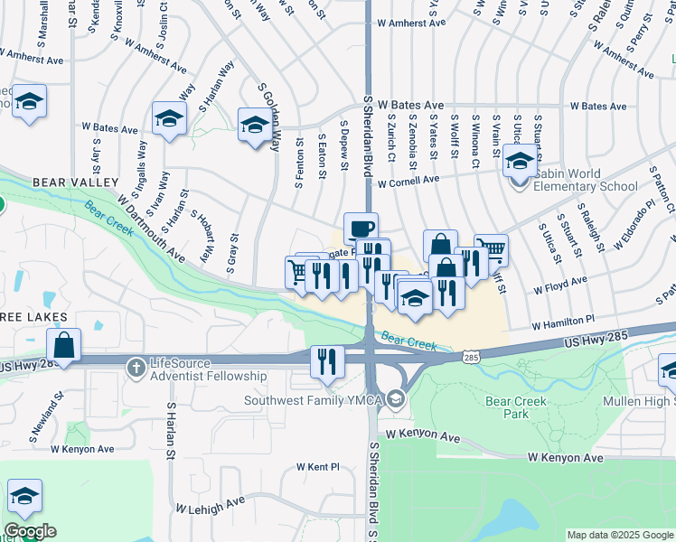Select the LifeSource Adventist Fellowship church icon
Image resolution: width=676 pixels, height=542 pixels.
click(x=135, y=368)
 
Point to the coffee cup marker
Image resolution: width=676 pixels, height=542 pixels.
click(x=361, y=228)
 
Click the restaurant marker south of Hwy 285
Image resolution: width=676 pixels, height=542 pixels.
click(x=328, y=361)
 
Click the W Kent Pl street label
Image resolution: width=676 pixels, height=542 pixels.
click(x=317, y=467)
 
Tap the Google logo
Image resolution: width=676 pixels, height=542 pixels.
click(x=30, y=531)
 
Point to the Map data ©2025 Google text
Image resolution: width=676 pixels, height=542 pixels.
click(x=620, y=535)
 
